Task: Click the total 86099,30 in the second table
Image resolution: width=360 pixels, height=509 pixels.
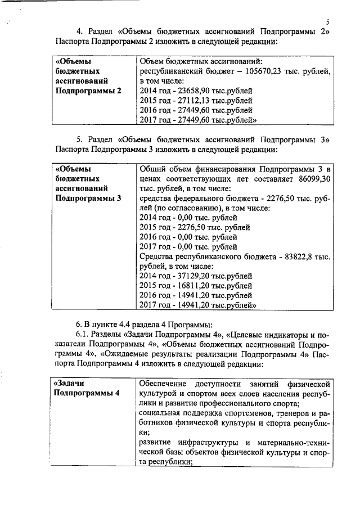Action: tap(311, 178)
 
